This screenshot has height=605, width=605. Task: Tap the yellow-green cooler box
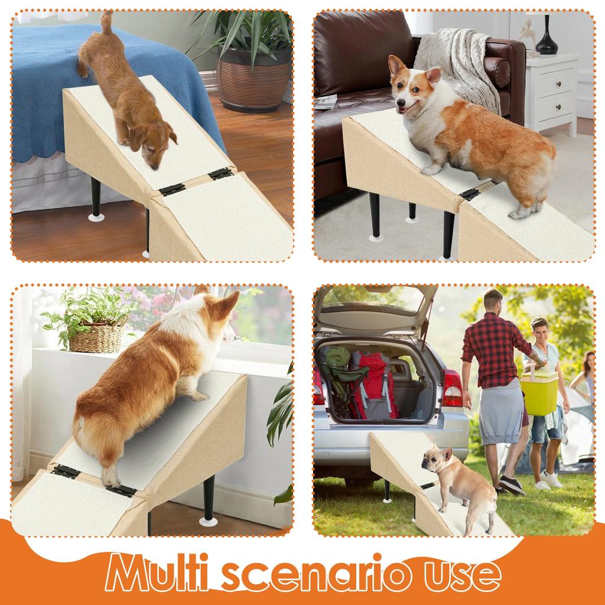539,393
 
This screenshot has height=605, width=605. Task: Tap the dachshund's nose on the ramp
154,167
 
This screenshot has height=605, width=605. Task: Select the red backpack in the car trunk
373,385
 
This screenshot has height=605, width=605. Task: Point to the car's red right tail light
452,389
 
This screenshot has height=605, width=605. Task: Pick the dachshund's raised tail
106,24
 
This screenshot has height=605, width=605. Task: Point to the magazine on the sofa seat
326,102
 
